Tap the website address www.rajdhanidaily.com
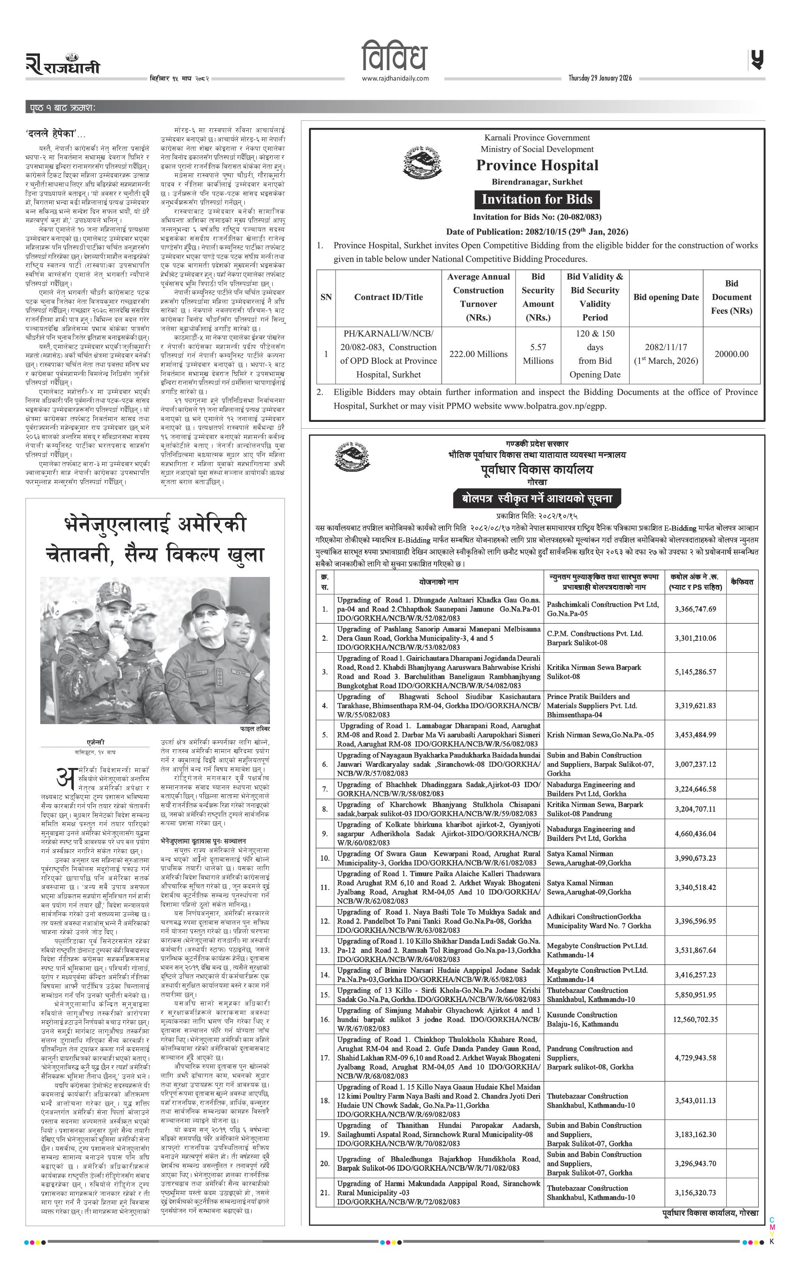pos(395,79)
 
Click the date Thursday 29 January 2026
pos(600,79)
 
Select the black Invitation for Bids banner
pos(537,199)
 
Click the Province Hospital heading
pos(537,166)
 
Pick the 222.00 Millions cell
pos(478,354)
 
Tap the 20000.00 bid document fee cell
pos(731,354)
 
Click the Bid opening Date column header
pos(666,297)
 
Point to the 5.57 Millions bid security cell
pos(538,354)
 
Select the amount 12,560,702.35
pos(695,654)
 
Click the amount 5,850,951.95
pos(695,629)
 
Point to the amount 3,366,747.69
pos(695,609)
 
